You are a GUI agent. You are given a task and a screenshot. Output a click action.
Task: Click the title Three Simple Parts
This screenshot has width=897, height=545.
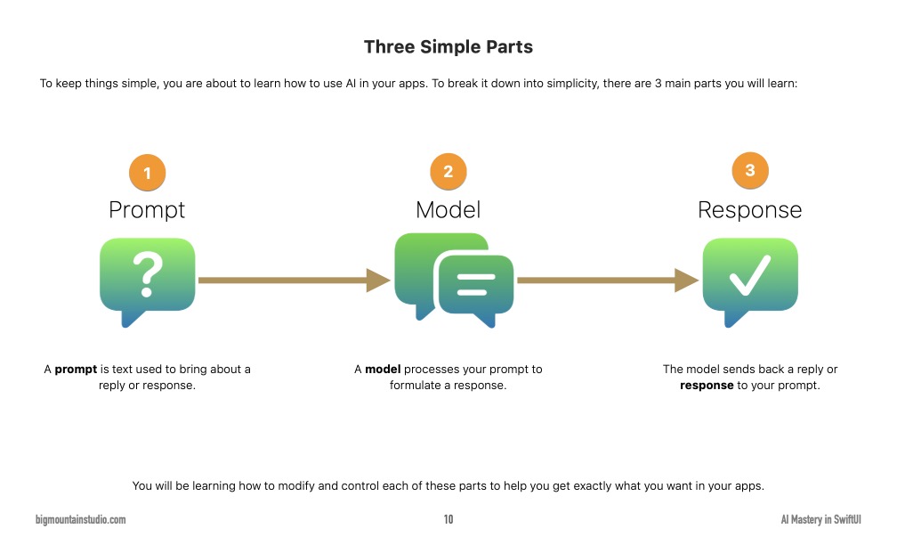tap(448, 46)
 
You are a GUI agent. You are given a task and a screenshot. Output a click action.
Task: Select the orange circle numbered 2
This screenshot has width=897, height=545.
tap(448, 172)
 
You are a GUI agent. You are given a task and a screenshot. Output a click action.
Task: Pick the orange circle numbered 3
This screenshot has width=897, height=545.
tap(750, 171)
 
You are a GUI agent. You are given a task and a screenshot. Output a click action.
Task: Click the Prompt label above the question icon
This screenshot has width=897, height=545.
tap(147, 210)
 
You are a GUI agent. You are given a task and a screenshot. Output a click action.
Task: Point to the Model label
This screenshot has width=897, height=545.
tap(448, 210)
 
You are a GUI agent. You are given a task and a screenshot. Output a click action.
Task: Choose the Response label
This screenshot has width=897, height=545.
tap(749, 210)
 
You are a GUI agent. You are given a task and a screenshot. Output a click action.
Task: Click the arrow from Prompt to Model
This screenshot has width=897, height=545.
tap(294, 280)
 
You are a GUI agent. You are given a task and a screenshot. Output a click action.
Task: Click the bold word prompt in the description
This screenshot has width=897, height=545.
tap(76, 369)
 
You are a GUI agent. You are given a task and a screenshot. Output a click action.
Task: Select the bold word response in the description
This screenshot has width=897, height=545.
tap(707, 386)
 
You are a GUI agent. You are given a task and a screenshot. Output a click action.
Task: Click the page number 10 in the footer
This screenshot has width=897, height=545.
tap(448, 520)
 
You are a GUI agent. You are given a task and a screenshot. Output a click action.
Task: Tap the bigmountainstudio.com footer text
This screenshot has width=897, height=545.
tap(81, 520)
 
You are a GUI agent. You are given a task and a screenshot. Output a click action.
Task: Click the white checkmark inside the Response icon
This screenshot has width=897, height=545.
tap(750, 276)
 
